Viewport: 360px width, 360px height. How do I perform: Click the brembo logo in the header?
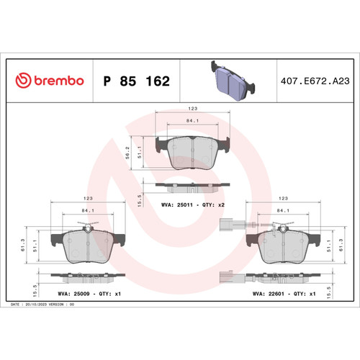pos(50,81)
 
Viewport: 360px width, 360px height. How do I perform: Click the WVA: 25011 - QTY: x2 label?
pos(192,206)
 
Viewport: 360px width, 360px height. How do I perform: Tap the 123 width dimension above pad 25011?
pos(192,109)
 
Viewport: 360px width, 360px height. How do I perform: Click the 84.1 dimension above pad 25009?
pos(86,210)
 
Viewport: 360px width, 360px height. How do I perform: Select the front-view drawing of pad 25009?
pos(86,247)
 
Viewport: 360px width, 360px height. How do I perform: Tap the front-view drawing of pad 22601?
pos(282,247)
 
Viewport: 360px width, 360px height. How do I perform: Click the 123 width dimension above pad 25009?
pos(86,197)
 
